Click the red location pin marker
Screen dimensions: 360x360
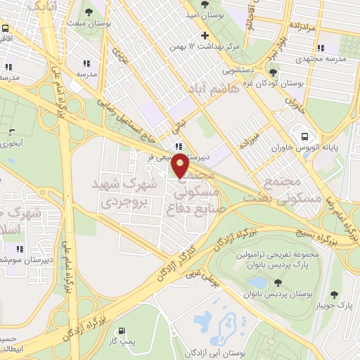click(x=180, y=166)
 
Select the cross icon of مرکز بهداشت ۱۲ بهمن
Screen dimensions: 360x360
click(x=205, y=35)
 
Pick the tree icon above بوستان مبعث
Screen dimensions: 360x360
click(x=88, y=12)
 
